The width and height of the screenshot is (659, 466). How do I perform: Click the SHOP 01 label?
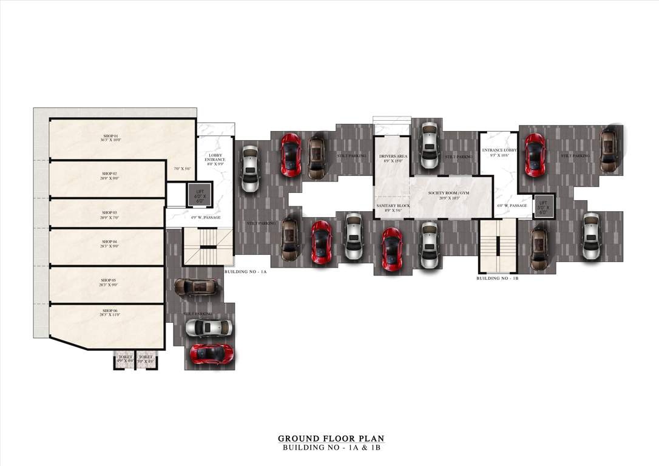pos(110,138)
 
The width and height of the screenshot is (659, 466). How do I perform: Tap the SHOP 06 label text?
pos(109,312)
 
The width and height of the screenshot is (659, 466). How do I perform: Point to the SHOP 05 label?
pos(109,282)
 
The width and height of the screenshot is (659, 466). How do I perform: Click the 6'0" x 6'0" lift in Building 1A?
pos(200,194)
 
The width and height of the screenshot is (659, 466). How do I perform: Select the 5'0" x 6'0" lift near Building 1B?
pos(542,207)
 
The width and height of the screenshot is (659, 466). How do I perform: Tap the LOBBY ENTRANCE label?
pos(215,157)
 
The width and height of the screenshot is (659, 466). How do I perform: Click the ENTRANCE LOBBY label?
pos(499,152)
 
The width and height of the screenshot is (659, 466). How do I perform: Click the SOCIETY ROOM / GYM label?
pos(448,195)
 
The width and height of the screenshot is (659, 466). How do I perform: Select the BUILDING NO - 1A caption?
pos(245,272)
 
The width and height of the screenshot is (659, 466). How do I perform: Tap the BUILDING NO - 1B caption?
pos(497,278)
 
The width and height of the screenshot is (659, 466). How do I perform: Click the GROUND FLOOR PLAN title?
pos(331,438)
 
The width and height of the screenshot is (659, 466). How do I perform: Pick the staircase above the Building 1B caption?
pos(498,246)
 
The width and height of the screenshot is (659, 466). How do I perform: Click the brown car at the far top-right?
pos(609,149)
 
